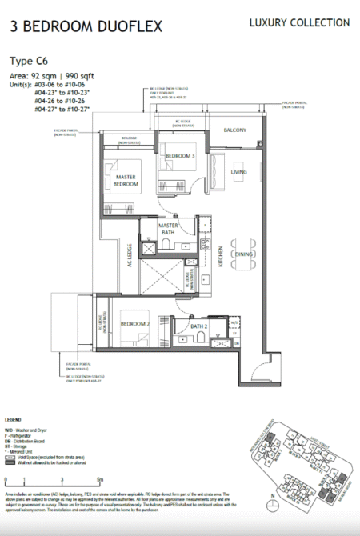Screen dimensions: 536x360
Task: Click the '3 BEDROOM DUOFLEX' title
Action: [x=86, y=26]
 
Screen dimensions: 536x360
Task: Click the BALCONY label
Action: [x=234, y=130]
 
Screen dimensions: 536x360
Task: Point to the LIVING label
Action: [x=239, y=172]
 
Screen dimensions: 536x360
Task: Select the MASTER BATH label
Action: [x=168, y=229]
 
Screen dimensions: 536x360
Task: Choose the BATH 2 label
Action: [x=199, y=326]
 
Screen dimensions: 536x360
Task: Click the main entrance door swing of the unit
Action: [x=262, y=369]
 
